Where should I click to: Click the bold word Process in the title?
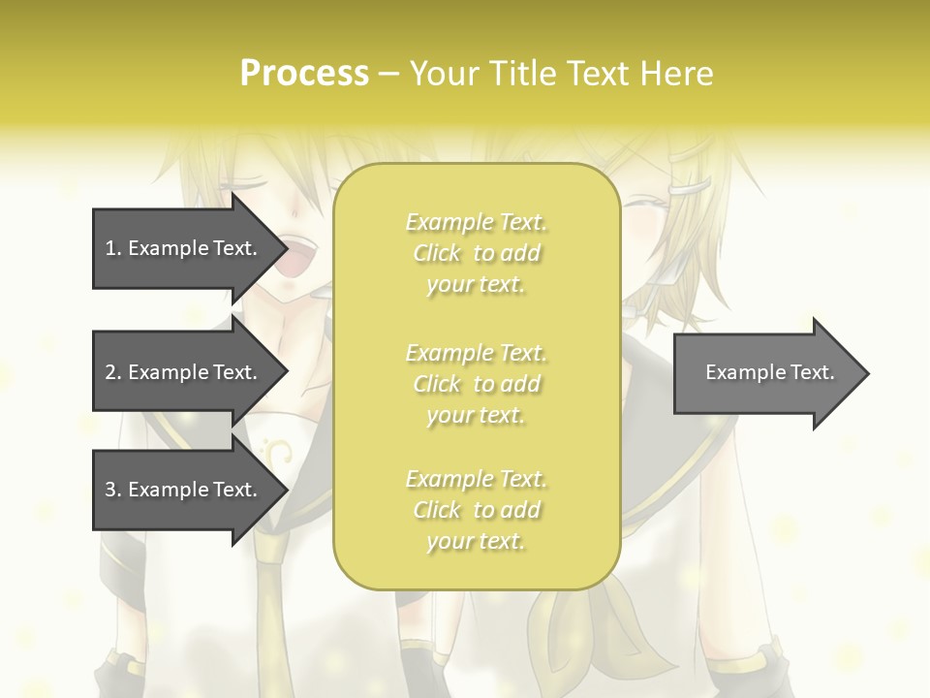[x=304, y=74]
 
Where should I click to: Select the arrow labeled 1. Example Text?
[x=184, y=248]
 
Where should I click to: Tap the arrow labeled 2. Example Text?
[x=184, y=372]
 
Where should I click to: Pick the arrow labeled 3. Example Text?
[x=184, y=490]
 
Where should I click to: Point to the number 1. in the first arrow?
[x=112, y=248]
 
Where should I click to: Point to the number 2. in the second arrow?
[x=112, y=372]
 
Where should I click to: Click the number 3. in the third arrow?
[x=112, y=490]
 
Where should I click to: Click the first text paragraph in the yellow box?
[x=476, y=253]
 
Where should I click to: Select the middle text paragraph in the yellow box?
[x=476, y=384]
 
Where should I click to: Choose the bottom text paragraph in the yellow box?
[x=476, y=510]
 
